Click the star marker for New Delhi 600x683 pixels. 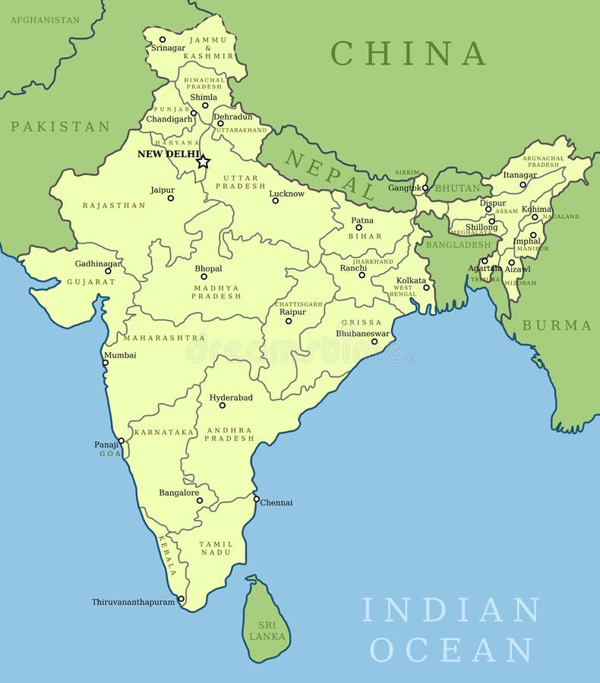pos(203,162)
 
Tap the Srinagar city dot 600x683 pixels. pos(162,39)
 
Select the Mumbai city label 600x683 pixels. pos(120,354)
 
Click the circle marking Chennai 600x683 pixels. pos(256,499)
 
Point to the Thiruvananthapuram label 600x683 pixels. pos(133,602)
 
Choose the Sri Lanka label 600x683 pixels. pos(267,630)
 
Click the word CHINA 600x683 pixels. pos(408,53)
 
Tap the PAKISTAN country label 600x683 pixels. pos(60,127)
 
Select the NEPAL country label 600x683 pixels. pos(330,175)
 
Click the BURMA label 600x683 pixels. pos(557,325)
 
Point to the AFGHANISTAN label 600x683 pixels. pos(44,20)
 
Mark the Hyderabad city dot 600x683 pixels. pos(223,405)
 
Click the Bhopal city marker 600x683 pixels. pos(204,276)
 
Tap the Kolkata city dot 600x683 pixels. pos(426,287)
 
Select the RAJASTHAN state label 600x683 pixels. pos(114,205)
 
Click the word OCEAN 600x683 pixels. pos(451,650)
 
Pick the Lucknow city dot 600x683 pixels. pos(276,200)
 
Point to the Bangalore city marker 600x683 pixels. pos(200,500)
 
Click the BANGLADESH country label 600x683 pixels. pos(458,244)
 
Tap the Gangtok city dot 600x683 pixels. pos(425,187)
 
